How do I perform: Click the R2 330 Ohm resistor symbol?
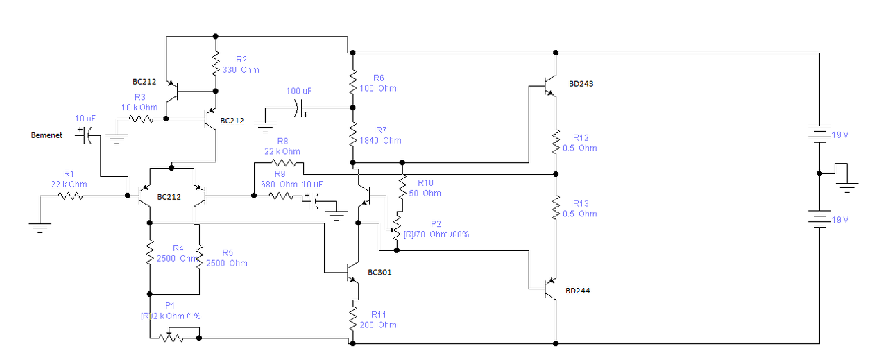(x=216, y=63)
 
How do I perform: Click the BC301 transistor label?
(x=379, y=273)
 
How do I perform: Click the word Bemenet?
(x=46, y=135)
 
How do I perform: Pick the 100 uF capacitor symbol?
(x=300, y=108)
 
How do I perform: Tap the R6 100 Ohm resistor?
(x=353, y=83)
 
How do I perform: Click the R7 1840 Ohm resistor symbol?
(x=353, y=135)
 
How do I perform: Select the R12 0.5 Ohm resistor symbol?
(x=556, y=142)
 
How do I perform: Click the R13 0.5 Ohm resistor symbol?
(x=556, y=207)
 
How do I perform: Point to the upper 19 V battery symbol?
(x=819, y=134)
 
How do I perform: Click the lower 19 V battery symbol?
(x=819, y=219)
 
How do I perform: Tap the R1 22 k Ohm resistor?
(x=70, y=196)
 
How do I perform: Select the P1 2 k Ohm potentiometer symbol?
(x=171, y=336)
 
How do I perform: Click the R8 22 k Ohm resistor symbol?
(x=284, y=162)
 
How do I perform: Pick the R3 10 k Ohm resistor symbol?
(x=141, y=119)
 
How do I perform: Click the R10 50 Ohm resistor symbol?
(x=402, y=187)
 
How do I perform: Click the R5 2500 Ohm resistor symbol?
(x=199, y=256)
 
